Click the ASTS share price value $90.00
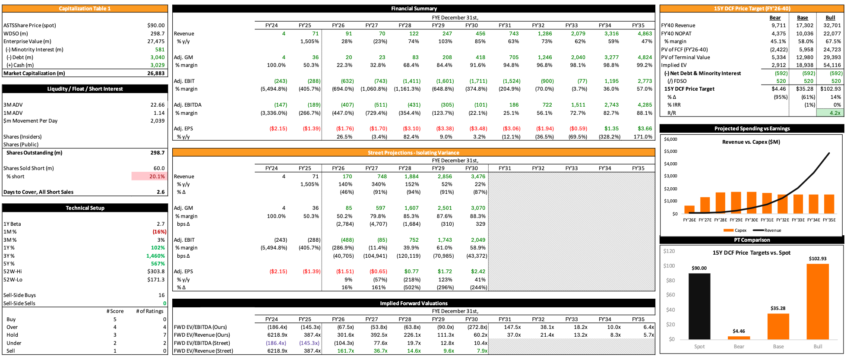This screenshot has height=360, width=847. pos(156,25)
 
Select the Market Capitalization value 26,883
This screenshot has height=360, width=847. pos(156,73)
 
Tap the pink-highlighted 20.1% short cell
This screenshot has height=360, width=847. pos(149,177)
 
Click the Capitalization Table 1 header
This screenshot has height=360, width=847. pos(85,9)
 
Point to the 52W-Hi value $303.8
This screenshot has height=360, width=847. pos(156,272)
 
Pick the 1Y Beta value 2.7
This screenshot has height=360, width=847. pos(161,224)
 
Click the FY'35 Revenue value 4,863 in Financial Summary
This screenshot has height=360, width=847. pos(645,34)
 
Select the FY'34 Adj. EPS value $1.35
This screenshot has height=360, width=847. pos(611,129)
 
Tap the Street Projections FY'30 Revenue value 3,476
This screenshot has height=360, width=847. pos(478,177)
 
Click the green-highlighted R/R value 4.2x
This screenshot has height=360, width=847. pos(829,113)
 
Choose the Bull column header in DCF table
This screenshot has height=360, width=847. pos(830,18)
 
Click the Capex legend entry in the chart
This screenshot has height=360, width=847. pos(735,231)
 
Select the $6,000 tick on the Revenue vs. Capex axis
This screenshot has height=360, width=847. pos(670,139)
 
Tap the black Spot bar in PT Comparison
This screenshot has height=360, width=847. pos(699,306)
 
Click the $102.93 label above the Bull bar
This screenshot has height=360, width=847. pos(818,259)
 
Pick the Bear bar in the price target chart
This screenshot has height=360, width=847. pos(739,338)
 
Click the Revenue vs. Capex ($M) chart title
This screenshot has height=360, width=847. pos(751,142)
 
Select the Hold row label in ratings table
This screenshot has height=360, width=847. pos(13,335)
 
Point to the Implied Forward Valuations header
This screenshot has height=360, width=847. pos(414,303)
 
